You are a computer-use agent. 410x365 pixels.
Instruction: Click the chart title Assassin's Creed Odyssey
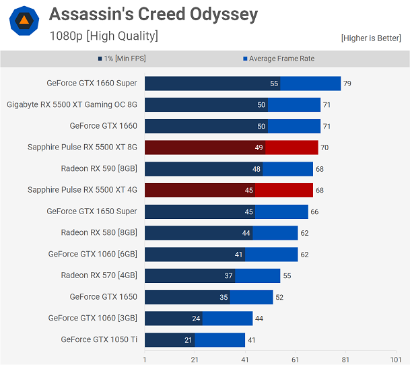153,14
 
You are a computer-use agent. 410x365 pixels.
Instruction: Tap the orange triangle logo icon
24,21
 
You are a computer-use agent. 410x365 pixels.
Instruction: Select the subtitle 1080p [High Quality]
104,36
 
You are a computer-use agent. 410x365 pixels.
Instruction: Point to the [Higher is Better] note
371,38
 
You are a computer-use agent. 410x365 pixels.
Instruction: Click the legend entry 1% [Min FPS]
124,59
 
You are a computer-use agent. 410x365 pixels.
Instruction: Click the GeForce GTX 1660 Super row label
92,84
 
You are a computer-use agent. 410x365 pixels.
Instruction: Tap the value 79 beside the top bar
347,84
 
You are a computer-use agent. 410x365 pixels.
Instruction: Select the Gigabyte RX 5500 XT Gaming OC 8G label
72,104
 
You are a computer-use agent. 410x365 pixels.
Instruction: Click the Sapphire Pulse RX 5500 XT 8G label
82,147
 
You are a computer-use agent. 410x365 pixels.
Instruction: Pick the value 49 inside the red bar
259,147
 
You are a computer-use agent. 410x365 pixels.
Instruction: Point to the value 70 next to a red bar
324,147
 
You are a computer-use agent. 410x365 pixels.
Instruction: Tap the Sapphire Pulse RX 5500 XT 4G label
82,190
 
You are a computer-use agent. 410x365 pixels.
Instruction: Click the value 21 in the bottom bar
188,340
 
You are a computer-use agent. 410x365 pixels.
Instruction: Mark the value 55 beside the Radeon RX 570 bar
287,276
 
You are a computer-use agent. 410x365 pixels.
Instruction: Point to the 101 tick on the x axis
396,360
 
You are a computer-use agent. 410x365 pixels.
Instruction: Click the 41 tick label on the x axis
245,360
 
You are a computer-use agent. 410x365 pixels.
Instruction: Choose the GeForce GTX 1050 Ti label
99,339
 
